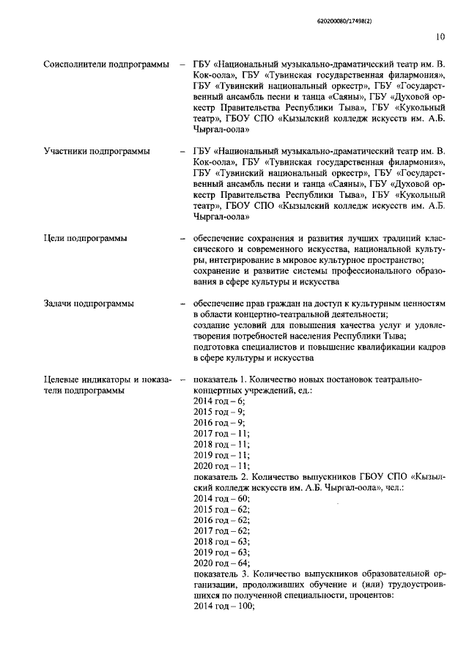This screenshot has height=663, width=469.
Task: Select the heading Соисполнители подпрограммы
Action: pyautogui.click(x=106, y=65)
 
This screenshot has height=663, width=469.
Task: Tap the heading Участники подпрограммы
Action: pyautogui.click(x=97, y=152)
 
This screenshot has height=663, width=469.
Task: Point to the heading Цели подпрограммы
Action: pyautogui.click(x=85, y=238)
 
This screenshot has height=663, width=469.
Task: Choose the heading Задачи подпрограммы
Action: pyautogui.click(x=90, y=303)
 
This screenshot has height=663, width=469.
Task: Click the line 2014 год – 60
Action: pyautogui.click(x=221, y=498)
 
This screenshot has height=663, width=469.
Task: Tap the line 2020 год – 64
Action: pyautogui.click(x=221, y=563)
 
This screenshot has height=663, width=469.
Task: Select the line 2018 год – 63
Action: pyautogui.click(x=221, y=541)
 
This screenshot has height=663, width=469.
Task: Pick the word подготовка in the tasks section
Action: pyautogui.click(x=218, y=347)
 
